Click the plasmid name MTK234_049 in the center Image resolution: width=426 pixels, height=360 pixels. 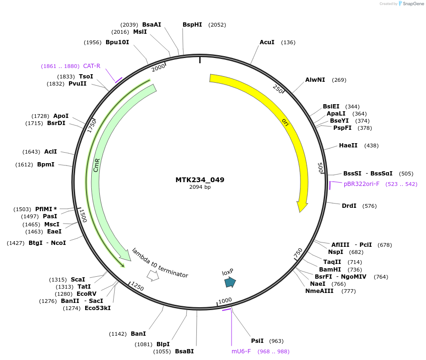[200, 180]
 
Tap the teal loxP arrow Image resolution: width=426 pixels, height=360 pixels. [230, 282]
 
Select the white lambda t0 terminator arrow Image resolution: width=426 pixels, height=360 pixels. [153, 275]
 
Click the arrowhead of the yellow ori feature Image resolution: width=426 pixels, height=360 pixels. [301, 207]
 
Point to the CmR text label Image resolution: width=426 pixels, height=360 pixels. [97, 165]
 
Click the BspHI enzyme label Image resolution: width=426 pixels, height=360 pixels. [192, 25]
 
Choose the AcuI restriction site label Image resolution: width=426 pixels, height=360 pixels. [267, 42]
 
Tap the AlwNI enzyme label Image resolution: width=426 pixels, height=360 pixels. [315, 80]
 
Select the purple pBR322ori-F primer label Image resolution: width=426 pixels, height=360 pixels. [361, 184]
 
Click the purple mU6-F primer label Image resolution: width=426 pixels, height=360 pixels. [241, 351]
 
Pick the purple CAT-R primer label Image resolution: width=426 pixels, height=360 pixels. [92, 66]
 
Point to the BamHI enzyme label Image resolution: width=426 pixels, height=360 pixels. [330, 269]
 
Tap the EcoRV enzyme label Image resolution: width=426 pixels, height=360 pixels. [87, 293]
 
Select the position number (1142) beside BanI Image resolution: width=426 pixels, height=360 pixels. [118, 334]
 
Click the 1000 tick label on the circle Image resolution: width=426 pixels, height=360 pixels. [225, 301]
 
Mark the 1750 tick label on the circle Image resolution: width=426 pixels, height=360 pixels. [92, 126]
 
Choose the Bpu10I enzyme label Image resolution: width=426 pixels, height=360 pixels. [117, 42]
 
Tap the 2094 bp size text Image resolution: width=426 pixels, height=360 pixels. [200, 187]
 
